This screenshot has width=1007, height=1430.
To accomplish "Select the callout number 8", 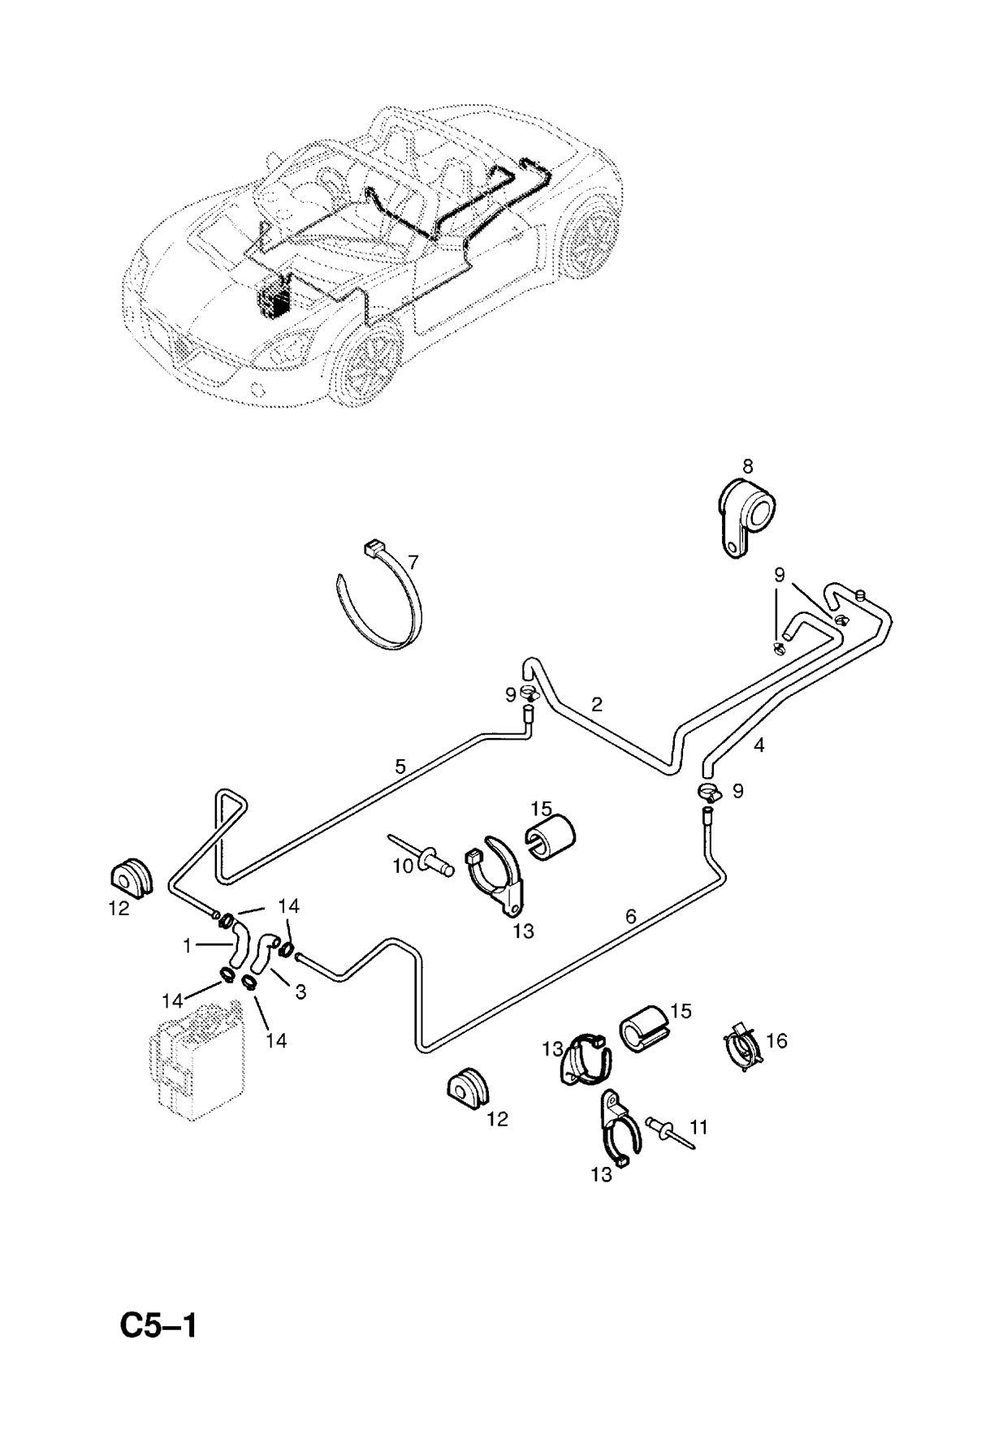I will point(747,466).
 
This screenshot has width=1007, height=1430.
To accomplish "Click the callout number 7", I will point(413,561).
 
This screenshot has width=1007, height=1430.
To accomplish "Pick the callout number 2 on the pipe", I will point(597,704).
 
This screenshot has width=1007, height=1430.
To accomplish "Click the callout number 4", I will point(758,745).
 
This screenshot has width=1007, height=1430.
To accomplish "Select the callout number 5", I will point(400,765).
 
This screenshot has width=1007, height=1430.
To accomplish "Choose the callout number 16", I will point(776,1040).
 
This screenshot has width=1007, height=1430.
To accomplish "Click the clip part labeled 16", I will point(742,1048).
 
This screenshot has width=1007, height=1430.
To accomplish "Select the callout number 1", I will point(187,945).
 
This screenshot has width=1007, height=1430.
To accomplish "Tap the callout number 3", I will point(300,992).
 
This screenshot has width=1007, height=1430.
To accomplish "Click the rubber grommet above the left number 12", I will point(131,874).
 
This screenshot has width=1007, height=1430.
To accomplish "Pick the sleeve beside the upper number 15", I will point(551,836).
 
